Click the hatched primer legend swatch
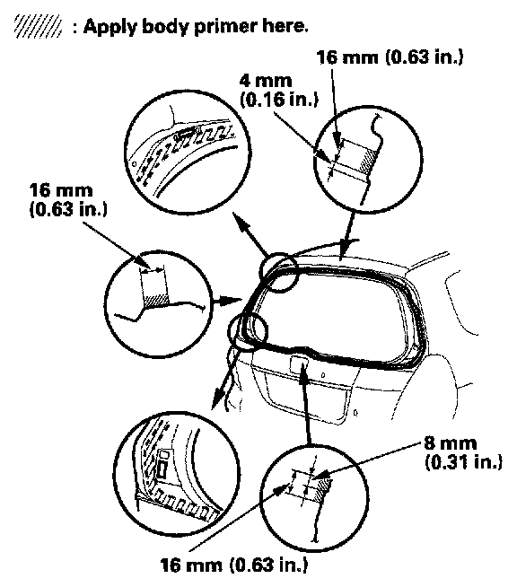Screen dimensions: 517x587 pyautogui.click(x=38, y=26)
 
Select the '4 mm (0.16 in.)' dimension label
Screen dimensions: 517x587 pyautogui.click(x=279, y=91)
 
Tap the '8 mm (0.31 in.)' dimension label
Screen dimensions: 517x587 pyautogui.click(x=463, y=452)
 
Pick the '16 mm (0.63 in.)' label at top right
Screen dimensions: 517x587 pyautogui.click(x=390, y=57)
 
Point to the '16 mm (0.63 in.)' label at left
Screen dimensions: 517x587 pyautogui.click(x=68, y=200)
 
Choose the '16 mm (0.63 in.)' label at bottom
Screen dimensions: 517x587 pyautogui.click(x=234, y=565)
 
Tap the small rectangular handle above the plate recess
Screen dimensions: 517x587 pyautogui.click(x=299, y=364)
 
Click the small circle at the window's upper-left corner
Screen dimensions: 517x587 pyautogui.click(x=278, y=272)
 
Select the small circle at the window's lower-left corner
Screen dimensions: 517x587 pyautogui.click(x=248, y=331)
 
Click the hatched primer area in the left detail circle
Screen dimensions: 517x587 pyautogui.click(x=155, y=301)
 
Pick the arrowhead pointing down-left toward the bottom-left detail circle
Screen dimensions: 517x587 pyautogui.click(x=216, y=399)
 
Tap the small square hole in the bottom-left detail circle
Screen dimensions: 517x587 pyautogui.click(x=163, y=454)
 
